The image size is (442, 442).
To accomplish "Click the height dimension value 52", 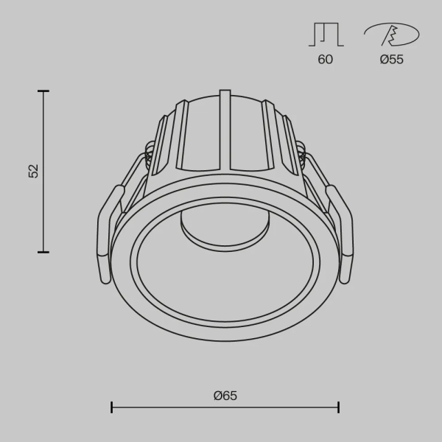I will coord(33,171).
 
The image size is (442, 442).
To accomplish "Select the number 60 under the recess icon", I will coord(325,60).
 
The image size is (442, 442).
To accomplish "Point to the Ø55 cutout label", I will coord(391,60).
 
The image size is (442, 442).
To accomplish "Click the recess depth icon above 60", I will coord(325,35).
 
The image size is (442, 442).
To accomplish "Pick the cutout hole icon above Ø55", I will coord(391,35).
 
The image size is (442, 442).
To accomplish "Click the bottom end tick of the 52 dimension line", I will coord(43,252).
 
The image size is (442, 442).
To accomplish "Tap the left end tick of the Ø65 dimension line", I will coord(111,407).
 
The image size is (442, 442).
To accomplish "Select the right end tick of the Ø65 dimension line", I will coord(339,407).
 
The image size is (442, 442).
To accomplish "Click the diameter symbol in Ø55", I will coord(384,60).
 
